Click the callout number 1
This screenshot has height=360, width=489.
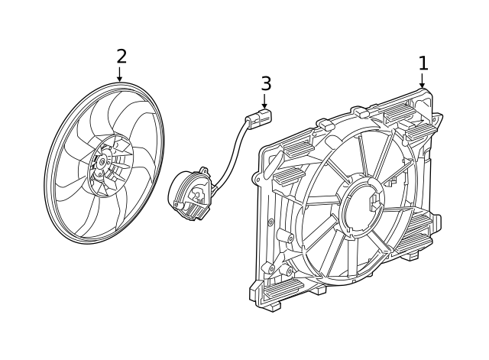click(423, 63)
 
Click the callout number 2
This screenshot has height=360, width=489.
click(121, 56)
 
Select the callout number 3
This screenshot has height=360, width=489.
click(265, 83)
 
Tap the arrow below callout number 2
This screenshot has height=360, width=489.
click(120, 75)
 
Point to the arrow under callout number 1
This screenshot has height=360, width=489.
click(422, 82)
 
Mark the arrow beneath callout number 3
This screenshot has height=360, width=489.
click(264, 102)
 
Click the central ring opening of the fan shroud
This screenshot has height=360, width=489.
click(360, 205)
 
